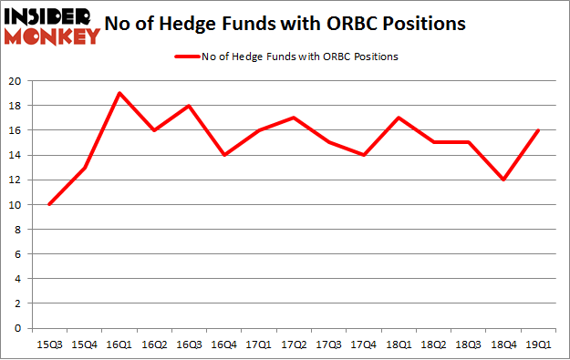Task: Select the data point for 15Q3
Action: pyautogui.click(x=49, y=204)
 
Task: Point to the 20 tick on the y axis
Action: pyautogui.click(x=16, y=81)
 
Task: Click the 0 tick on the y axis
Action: pyautogui.click(x=19, y=328)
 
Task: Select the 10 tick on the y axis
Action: pyautogui.click(x=16, y=204)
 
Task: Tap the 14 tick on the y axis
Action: pyautogui.click(x=16, y=155)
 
